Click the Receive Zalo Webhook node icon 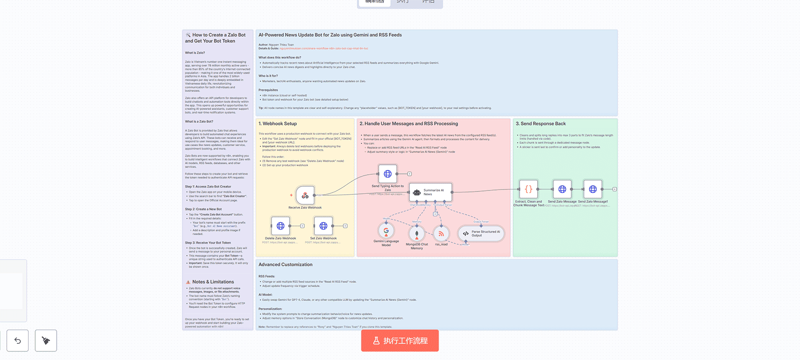pyautogui.click(x=305, y=195)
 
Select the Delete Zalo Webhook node pyautogui.click(x=280, y=226)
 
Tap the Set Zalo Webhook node pyautogui.click(x=323, y=226)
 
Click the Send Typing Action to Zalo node pyautogui.click(x=388, y=174)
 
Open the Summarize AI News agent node pyautogui.click(x=430, y=192)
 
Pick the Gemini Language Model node pyautogui.click(x=386, y=230)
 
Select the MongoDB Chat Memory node pyautogui.click(x=417, y=233)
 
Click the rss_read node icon pyautogui.click(x=441, y=233)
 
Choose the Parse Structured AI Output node pyautogui.click(x=481, y=233)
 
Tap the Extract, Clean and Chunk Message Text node pyautogui.click(x=529, y=189)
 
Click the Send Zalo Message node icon pyautogui.click(x=562, y=189)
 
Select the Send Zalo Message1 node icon pyautogui.click(x=593, y=189)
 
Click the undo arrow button pyautogui.click(x=18, y=340)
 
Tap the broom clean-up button pyautogui.click(x=46, y=340)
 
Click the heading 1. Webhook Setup pyautogui.click(x=278, y=124)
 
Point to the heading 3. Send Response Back pyautogui.click(x=540, y=124)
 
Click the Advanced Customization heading pyautogui.click(x=285, y=265)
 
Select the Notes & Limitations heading pyautogui.click(x=213, y=282)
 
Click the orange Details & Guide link pyautogui.click(x=324, y=49)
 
